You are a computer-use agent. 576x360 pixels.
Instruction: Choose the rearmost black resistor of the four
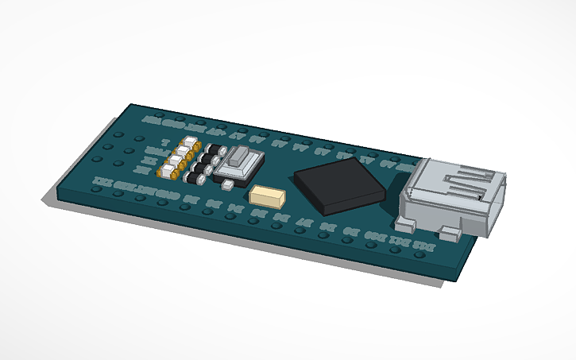(x=212, y=149)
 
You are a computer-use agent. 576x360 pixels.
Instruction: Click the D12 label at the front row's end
(x=427, y=248)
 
